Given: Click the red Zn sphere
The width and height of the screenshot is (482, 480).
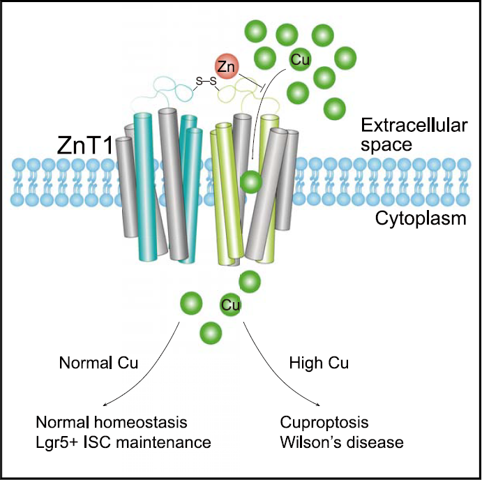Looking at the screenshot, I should click(225, 66).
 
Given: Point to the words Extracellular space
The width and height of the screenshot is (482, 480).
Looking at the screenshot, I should click(407, 135).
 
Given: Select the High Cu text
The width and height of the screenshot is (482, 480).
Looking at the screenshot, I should click(318, 363).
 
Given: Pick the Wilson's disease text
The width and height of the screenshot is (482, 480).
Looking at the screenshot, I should click(342, 442).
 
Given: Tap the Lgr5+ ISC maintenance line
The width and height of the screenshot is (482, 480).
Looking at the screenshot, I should click(122, 442).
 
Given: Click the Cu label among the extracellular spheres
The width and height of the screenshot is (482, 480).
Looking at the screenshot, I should click(299, 60).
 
